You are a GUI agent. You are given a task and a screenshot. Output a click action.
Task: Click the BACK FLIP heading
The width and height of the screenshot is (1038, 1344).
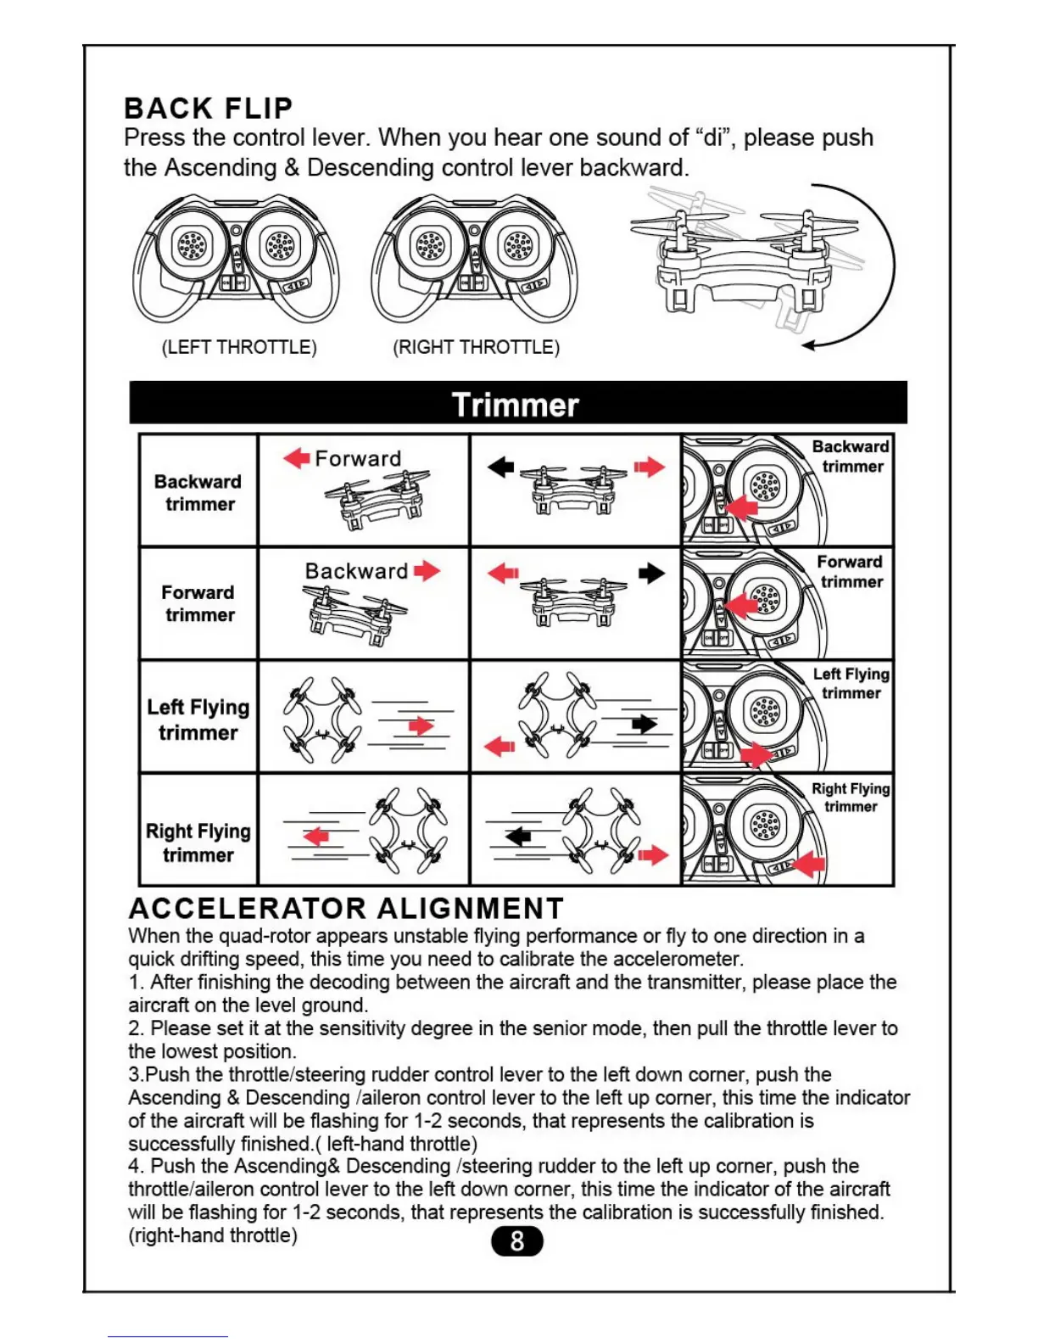pos(209,108)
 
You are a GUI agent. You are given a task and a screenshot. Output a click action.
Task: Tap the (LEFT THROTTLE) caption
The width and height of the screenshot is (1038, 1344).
pos(239,347)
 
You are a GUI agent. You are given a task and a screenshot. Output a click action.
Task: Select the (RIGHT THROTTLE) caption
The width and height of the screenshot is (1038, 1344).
pos(476,347)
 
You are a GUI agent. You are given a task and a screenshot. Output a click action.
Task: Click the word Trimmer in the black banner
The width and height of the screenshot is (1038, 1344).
pos(516,405)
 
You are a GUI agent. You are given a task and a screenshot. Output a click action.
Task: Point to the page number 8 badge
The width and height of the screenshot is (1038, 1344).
pos(517,1241)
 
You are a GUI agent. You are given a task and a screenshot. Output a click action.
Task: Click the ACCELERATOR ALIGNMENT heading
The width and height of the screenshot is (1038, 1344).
pos(346,908)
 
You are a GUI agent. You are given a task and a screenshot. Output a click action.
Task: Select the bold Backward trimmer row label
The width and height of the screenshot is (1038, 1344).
pos(198,492)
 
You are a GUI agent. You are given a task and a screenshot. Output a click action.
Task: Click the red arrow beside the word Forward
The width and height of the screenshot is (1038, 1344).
pos(297,458)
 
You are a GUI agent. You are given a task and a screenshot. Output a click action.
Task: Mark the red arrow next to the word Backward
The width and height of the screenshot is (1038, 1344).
pos(427,570)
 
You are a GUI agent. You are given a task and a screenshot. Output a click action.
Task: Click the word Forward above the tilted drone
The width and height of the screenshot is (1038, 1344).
pos(358,458)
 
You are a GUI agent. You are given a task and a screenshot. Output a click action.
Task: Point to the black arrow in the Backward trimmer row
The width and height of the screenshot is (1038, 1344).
pos(501,467)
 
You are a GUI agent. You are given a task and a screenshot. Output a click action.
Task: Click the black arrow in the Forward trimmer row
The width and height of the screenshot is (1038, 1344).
pos(651,574)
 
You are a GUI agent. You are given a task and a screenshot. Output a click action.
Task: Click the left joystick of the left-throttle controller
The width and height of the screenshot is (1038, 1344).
pos(190,246)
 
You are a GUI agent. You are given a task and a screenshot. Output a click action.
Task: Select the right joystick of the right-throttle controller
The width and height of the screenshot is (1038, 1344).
pos(517,246)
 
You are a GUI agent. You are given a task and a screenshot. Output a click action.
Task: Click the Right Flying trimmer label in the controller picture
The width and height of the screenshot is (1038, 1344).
pos(851,797)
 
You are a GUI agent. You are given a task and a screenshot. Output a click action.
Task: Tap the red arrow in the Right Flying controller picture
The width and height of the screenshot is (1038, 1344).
pos(808,864)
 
